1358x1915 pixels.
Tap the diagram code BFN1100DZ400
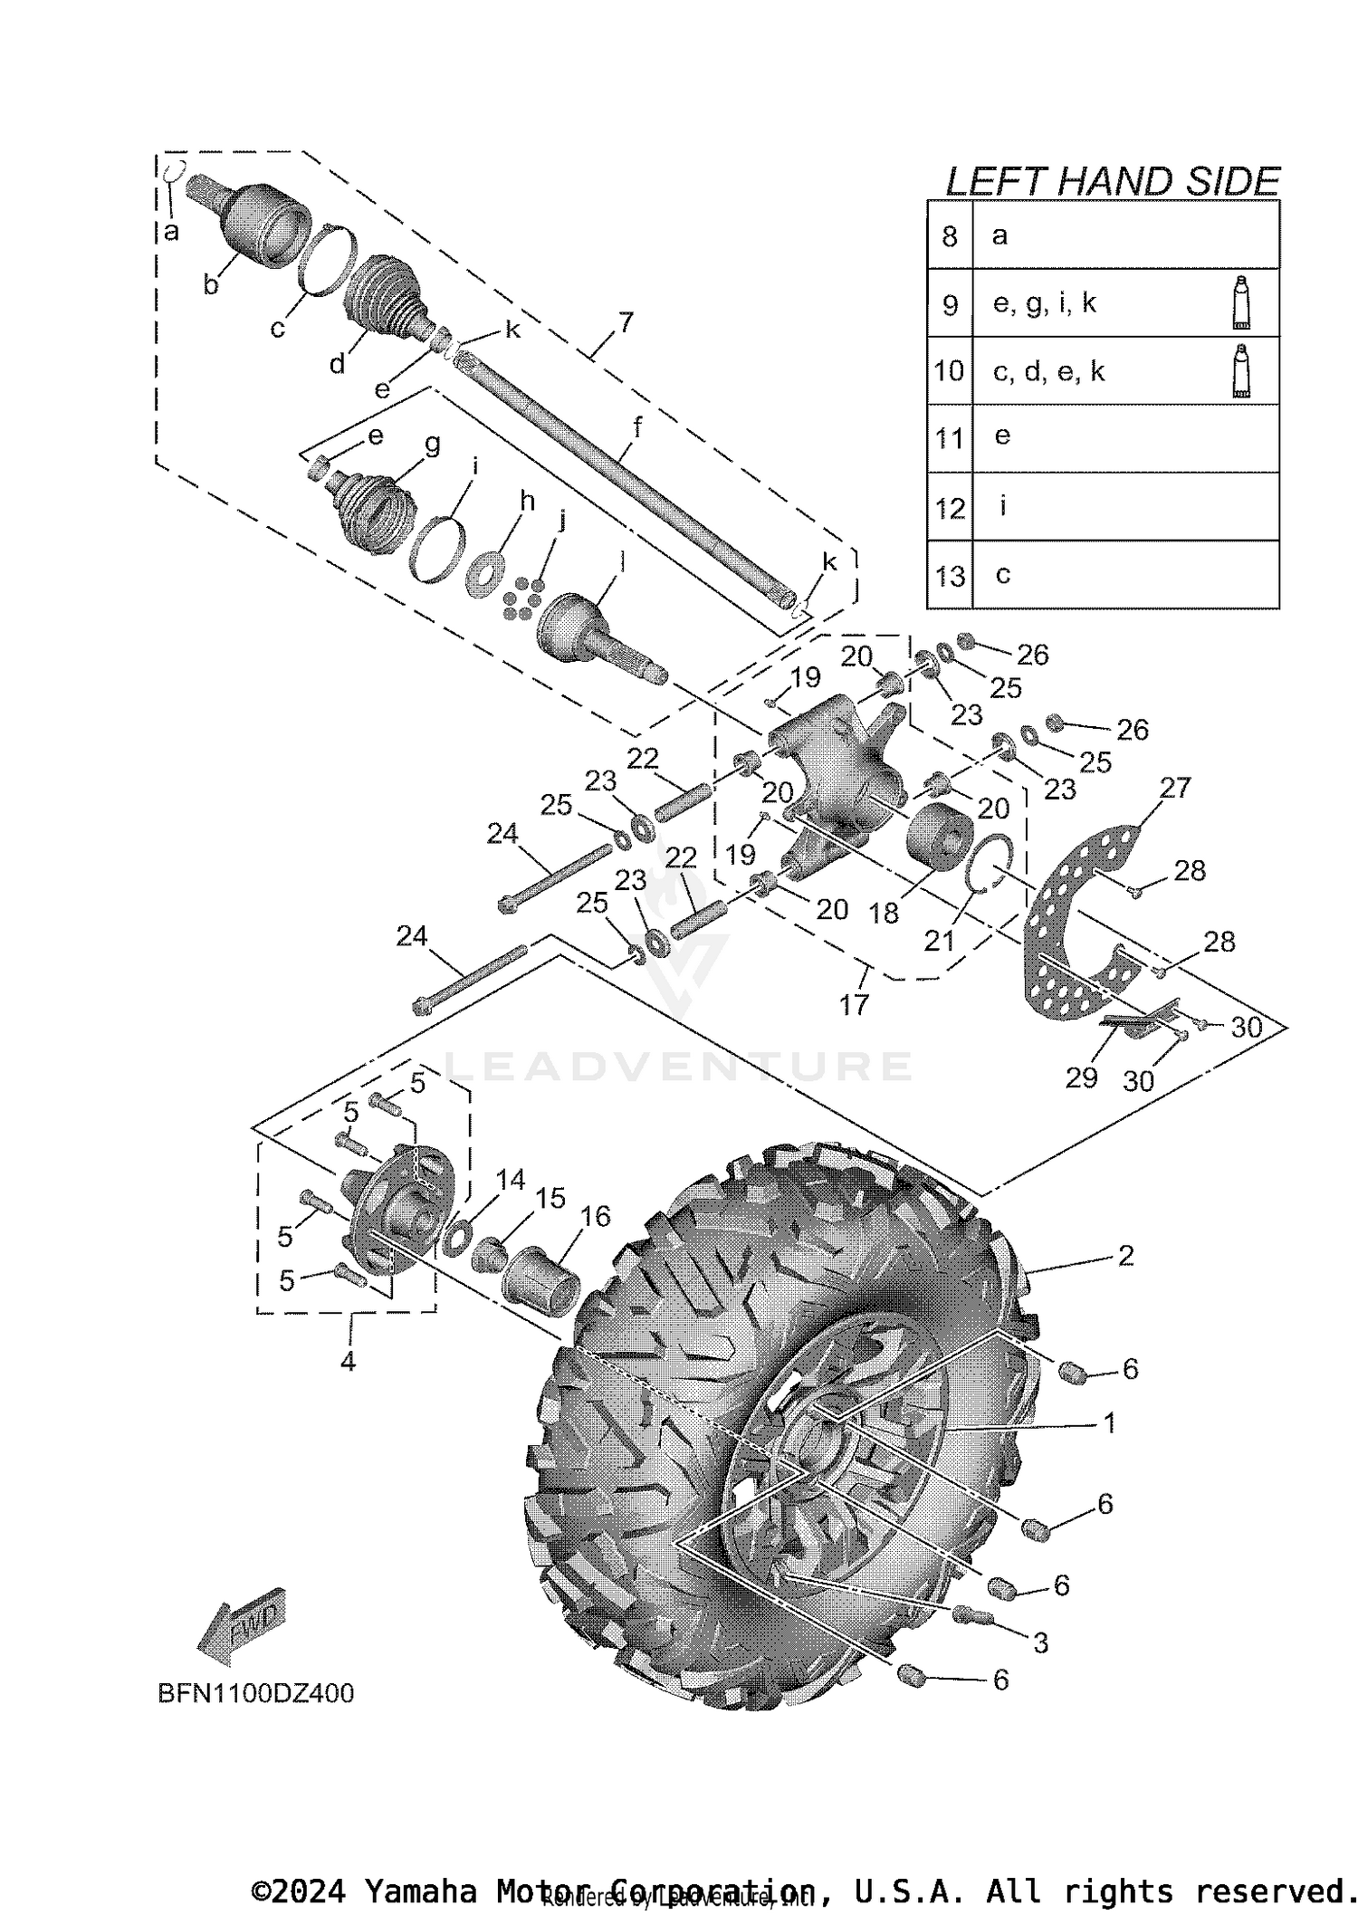pos(256,1693)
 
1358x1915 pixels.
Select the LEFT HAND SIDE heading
pos(1112,182)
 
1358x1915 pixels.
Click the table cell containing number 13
pos(950,576)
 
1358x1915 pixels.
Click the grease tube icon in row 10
pos(1242,371)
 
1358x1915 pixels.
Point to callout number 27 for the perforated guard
pos(1175,788)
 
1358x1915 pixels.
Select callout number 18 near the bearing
pos(884,913)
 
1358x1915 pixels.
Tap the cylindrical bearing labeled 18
pos(939,835)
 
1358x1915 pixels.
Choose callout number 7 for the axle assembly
pos(626,322)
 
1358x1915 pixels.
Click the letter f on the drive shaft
pos(637,427)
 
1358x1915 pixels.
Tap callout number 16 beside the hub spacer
pos(596,1216)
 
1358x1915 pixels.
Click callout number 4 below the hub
pos(348,1361)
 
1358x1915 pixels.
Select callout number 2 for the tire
pos(1125,1255)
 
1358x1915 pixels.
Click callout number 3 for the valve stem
pos(1040,1642)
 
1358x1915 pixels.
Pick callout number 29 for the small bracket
pos(1081,1077)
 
